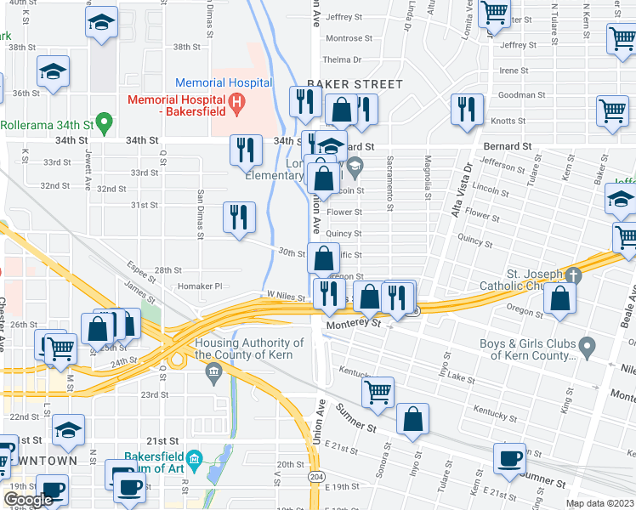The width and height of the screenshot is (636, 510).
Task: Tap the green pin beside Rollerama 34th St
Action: (105, 124)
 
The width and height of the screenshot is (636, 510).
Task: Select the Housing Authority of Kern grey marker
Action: (213, 371)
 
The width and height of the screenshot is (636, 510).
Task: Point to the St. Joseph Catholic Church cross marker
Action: (574, 275)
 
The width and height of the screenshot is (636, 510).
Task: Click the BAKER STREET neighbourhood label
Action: (355, 84)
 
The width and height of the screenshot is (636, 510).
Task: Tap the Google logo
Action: (28, 500)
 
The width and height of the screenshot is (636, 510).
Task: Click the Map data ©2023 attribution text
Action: (599, 503)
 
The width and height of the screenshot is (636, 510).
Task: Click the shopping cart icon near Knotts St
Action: (612, 110)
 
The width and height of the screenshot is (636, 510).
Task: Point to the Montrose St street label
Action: (344, 38)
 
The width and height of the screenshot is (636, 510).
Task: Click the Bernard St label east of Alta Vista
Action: (508, 146)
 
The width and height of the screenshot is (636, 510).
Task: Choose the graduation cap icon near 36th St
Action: (53, 73)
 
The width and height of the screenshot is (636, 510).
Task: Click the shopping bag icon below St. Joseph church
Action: (559, 299)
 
